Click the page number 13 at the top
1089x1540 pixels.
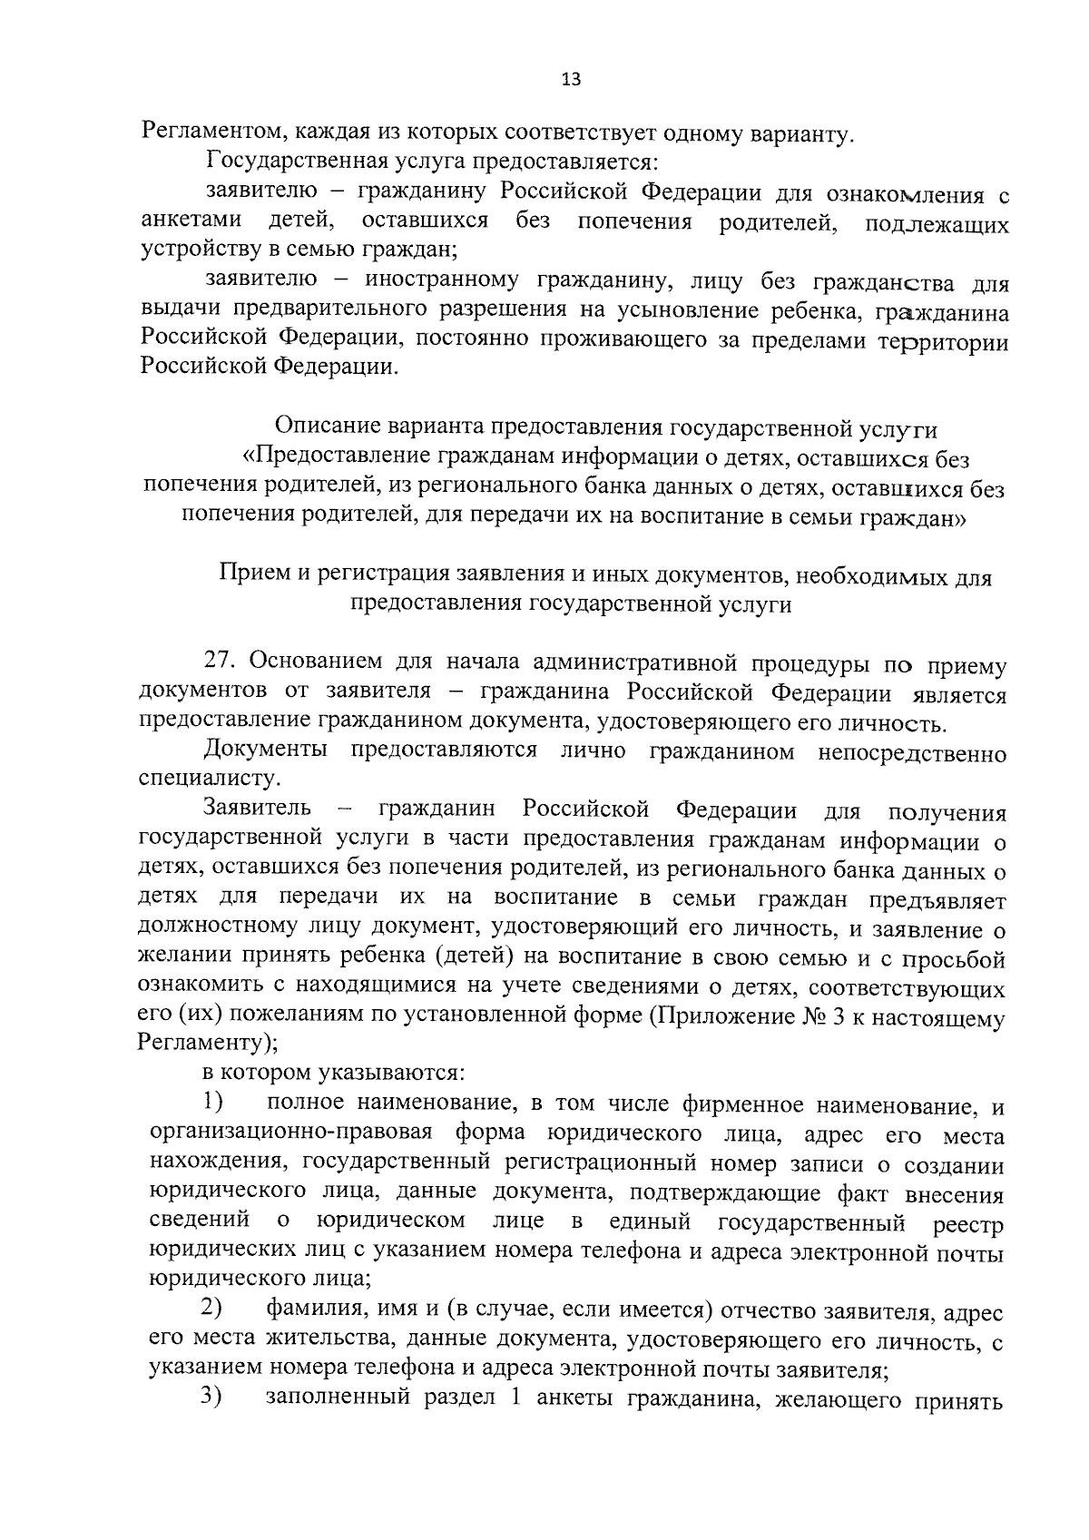pyautogui.click(x=571, y=79)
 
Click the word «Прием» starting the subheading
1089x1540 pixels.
pyautogui.click(x=248, y=575)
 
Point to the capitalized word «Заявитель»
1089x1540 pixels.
pyautogui.click(x=258, y=809)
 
